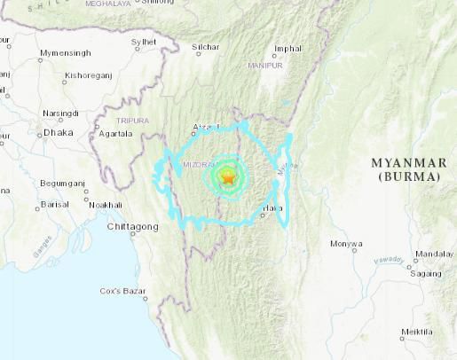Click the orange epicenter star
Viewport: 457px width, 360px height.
click(x=228, y=177)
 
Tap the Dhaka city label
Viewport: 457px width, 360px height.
click(x=58, y=132)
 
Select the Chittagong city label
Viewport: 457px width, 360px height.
click(x=132, y=227)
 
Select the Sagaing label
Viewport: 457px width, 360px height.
click(x=428, y=275)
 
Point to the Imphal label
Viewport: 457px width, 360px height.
click(x=288, y=48)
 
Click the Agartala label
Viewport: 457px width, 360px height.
click(x=115, y=134)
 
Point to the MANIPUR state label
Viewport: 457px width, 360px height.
click(x=265, y=66)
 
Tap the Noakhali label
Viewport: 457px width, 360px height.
click(x=106, y=205)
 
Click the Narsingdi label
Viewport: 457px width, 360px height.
click(x=60, y=113)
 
